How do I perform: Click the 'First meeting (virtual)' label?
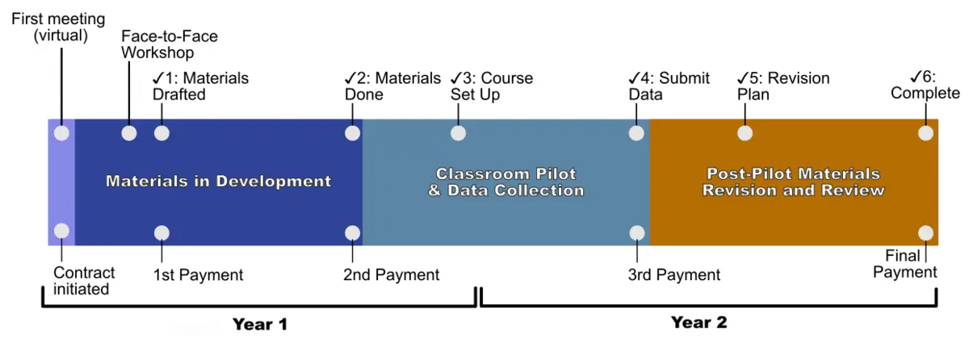58,27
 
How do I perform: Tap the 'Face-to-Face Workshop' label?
169,44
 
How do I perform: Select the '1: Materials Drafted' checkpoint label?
200,86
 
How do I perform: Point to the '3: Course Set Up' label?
492,86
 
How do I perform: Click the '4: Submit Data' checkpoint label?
669,86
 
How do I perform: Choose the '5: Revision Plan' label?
783,86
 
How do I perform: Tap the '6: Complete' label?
925,85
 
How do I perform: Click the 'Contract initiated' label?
84,281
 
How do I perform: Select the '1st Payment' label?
198,275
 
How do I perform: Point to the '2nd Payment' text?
391,275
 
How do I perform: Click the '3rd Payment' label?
674,275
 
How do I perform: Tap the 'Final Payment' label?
904,264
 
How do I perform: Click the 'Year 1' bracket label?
260,324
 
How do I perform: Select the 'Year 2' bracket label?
698,322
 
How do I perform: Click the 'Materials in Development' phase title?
219,181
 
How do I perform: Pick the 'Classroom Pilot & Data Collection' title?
505,182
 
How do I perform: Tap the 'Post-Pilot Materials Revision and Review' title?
793,182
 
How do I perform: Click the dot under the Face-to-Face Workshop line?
129,133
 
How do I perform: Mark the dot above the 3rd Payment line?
637,233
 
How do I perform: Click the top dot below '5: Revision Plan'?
745,133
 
